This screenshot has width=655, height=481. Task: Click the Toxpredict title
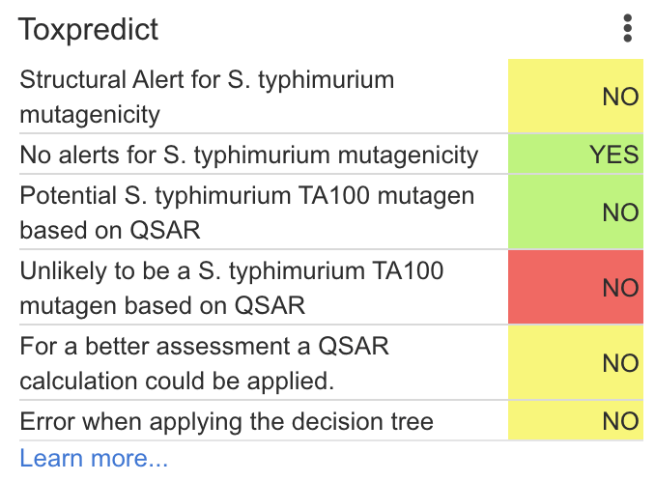[x=89, y=29]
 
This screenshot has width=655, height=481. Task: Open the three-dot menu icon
[x=628, y=28]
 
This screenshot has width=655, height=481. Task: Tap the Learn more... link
[x=94, y=458]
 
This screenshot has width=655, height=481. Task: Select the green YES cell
[x=576, y=155]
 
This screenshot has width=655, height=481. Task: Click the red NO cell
[x=576, y=288]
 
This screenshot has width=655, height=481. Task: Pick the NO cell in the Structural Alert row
[x=576, y=97]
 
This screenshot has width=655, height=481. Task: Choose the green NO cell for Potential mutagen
[x=576, y=212]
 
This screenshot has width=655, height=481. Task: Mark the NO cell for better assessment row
[x=576, y=363]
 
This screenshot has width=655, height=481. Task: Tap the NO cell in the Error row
[x=576, y=421]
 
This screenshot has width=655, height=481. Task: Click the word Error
[x=45, y=421]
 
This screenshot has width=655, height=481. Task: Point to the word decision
[x=330, y=421]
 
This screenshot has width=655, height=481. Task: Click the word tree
[x=410, y=421]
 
